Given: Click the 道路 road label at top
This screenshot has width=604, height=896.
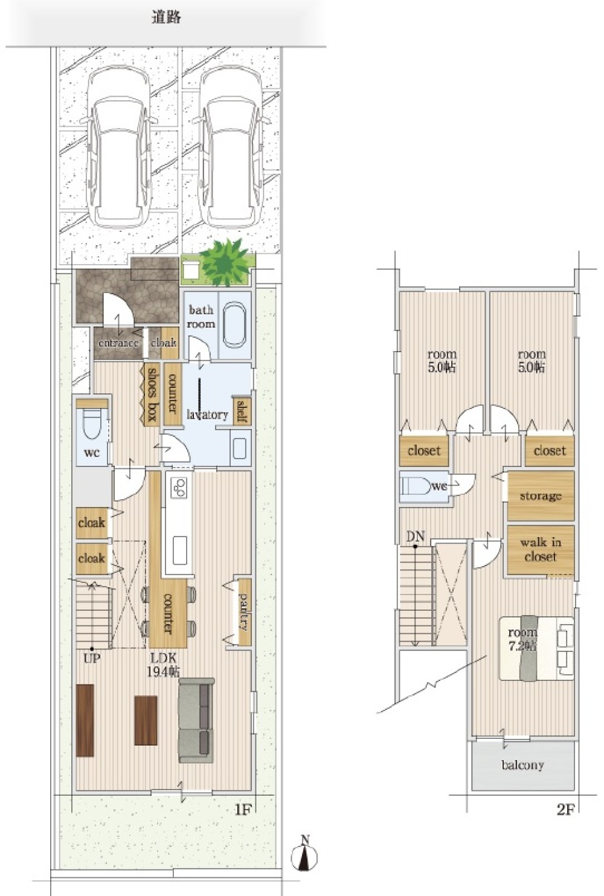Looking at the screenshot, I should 166,18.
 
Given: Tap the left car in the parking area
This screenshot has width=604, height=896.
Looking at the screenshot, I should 118,148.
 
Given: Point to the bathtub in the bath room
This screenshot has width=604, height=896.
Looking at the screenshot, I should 234,325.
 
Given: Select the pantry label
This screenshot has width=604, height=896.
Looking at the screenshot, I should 245,611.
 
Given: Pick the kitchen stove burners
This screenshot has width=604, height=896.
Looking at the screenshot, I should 179,488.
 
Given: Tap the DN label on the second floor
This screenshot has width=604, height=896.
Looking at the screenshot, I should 415,536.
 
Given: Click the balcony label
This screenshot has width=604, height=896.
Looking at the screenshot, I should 522,765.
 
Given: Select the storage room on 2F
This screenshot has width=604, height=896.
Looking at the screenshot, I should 540,496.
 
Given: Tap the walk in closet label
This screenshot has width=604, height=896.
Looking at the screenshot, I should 540,550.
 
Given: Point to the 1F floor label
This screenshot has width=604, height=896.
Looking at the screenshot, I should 242,810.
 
